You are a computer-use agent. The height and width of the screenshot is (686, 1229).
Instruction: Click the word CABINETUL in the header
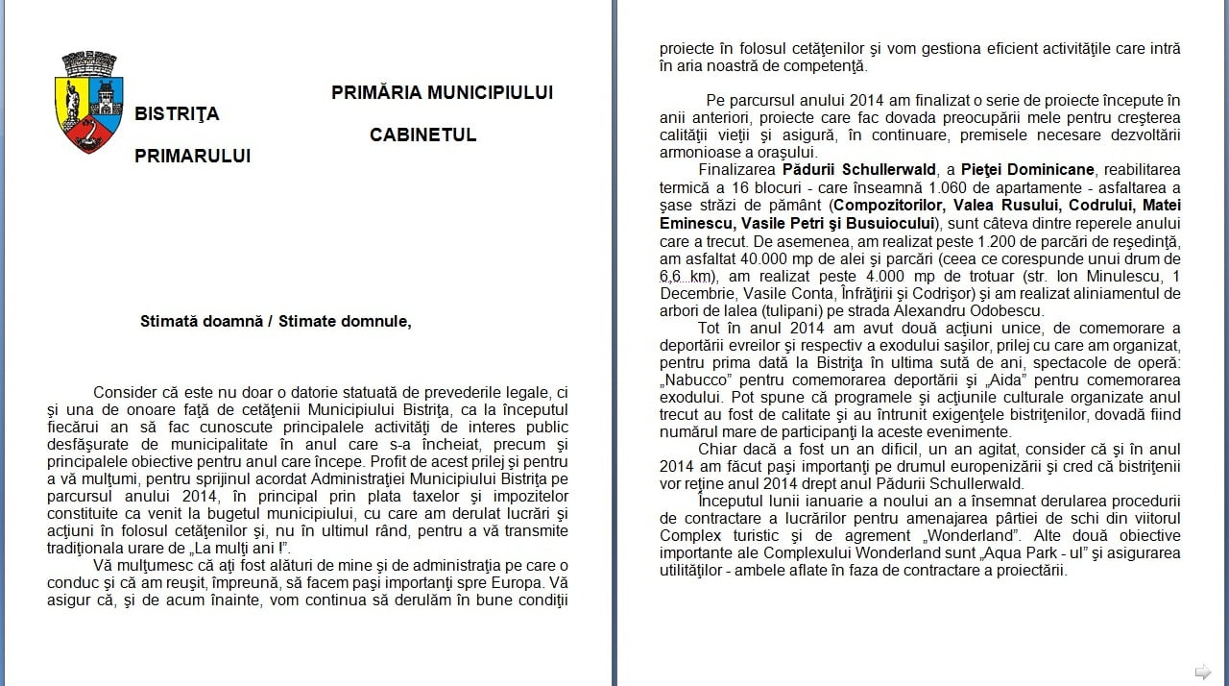[x=422, y=135]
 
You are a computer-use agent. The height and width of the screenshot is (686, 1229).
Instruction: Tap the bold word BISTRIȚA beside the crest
[x=177, y=113]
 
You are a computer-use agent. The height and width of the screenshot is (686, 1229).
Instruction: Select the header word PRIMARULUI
[x=192, y=156]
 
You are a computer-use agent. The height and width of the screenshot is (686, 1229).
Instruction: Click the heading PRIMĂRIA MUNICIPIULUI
[x=442, y=92]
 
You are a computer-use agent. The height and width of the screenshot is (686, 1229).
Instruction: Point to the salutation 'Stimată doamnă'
[x=200, y=321]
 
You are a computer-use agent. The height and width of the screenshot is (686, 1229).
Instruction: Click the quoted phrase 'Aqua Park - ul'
[x=1069, y=552]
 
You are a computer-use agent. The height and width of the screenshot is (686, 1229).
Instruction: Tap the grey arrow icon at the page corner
[x=1202, y=671]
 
